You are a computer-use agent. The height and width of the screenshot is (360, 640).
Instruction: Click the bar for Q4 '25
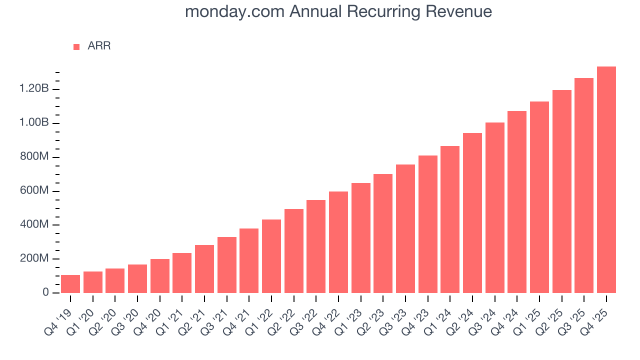606,179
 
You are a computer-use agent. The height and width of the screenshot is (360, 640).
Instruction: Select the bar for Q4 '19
70,284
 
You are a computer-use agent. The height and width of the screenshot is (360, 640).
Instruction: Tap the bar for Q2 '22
294,251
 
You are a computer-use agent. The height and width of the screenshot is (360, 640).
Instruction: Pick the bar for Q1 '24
450,219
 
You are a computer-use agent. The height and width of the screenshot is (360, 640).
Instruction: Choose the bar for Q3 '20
137,278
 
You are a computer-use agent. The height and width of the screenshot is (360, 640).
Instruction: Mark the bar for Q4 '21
249,260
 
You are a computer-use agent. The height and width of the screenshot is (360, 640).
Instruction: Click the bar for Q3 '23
405,228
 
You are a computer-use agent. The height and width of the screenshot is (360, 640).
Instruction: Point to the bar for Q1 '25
539,197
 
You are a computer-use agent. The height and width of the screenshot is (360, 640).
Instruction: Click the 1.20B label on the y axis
34,89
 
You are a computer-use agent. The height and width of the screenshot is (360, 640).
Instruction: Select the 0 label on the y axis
45,292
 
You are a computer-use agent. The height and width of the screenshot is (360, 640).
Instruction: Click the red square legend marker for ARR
76,46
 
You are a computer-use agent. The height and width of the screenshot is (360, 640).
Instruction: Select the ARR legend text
99,46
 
